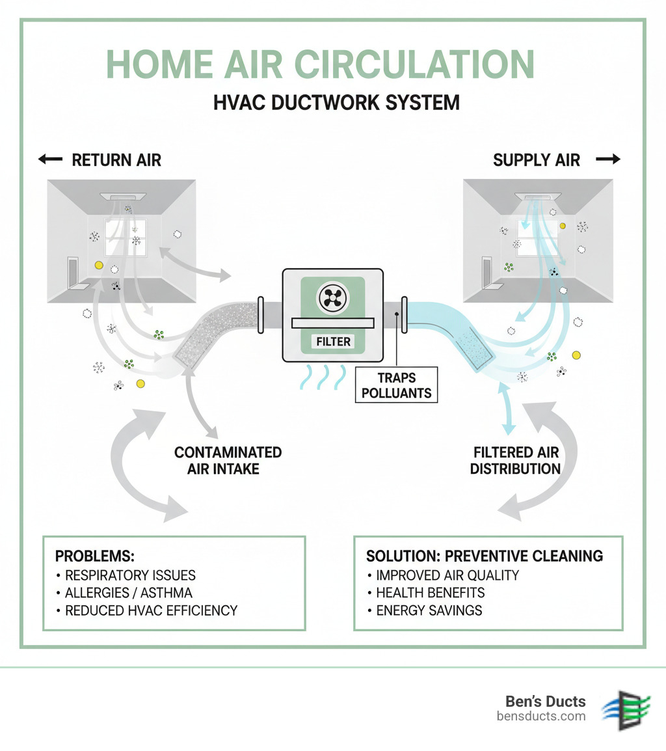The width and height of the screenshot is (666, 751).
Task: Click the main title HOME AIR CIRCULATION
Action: tap(320, 64)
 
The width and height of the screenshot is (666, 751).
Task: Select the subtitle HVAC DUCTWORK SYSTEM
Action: tap(336, 102)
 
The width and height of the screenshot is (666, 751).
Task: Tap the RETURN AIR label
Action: tap(116, 160)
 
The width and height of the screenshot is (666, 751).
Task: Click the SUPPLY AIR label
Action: tap(537, 160)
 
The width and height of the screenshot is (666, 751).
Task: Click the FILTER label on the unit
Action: tap(333, 342)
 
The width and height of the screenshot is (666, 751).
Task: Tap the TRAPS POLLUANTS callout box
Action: tap(397, 385)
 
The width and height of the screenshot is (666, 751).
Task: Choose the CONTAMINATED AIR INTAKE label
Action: tap(228, 460)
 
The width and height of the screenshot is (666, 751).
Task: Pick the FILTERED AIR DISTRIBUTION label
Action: tap(516, 460)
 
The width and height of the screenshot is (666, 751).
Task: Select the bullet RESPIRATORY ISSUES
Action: tap(130, 575)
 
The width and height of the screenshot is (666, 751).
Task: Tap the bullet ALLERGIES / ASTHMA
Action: tap(128, 593)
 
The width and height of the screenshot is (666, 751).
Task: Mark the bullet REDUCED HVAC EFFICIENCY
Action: tap(151, 610)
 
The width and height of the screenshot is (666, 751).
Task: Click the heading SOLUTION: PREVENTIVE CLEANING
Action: tap(485, 556)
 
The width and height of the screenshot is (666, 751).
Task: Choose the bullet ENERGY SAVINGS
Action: tap(429, 610)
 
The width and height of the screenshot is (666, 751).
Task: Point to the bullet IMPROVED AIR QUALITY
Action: tap(447, 575)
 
